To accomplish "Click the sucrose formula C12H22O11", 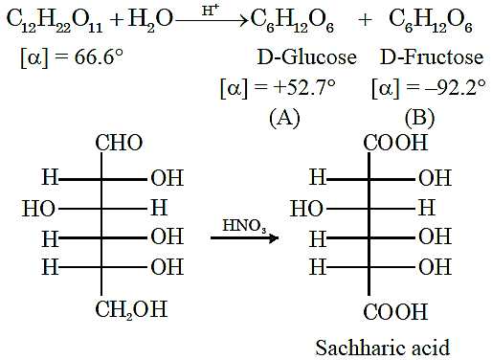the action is pyautogui.click(x=55, y=21).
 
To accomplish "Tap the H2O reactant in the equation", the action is pyautogui.click(x=150, y=20).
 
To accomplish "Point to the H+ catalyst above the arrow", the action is pyautogui.click(x=211, y=11).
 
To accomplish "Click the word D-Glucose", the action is pyautogui.click(x=306, y=57).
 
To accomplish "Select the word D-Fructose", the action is pyautogui.click(x=432, y=57).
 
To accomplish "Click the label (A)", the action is pyautogui.click(x=284, y=118).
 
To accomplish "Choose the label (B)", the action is pyautogui.click(x=419, y=118).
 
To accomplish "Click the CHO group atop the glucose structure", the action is pyautogui.click(x=119, y=143).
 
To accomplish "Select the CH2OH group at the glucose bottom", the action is pyautogui.click(x=131, y=309).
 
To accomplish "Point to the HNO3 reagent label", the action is pyautogui.click(x=244, y=226).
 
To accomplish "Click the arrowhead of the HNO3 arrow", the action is pyautogui.click(x=274, y=237).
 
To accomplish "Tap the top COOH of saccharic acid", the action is pyautogui.click(x=395, y=143).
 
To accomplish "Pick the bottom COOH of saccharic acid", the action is pyautogui.click(x=395, y=311).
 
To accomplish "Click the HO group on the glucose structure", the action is pyautogui.click(x=38, y=209).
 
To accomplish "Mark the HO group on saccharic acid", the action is pyautogui.click(x=306, y=209).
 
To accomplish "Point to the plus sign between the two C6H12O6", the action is pyautogui.click(x=365, y=20).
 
